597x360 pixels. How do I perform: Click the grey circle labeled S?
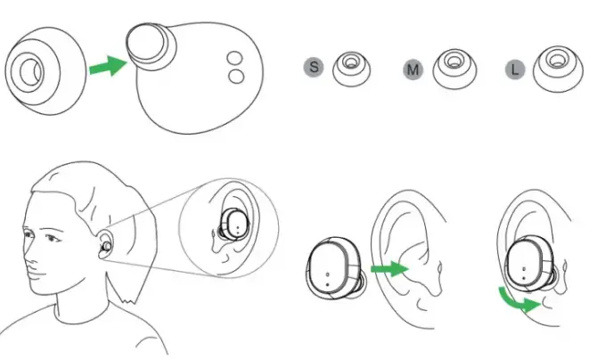(313, 67)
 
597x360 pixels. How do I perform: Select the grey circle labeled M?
(413, 67)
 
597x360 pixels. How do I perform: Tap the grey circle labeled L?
(514, 67)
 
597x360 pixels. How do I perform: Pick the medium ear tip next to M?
(454, 69)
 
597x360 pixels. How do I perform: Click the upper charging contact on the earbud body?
(236, 59)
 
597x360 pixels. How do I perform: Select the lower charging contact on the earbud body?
(236, 77)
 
